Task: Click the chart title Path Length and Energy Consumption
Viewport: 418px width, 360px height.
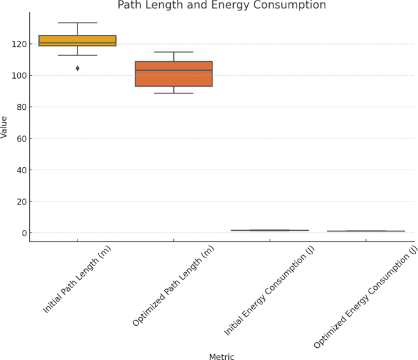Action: coord(247,5)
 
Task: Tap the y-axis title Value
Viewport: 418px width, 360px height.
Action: coord(5,127)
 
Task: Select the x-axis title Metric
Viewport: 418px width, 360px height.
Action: coord(222,357)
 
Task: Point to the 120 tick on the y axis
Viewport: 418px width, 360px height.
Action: coord(16,44)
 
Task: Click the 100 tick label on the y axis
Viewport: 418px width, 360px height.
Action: coord(16,76)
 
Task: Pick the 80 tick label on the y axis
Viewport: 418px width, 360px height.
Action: coord(19,107)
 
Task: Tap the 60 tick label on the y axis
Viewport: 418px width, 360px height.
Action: coord(19,139)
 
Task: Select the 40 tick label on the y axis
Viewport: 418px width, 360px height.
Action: coord(19,170)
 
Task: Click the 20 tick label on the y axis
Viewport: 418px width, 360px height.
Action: coord(19,202)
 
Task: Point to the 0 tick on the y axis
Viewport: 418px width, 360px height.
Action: coord(21,233)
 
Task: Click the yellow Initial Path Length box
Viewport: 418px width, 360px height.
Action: coord(77,40)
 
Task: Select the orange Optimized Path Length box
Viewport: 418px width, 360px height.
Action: coord(174,74)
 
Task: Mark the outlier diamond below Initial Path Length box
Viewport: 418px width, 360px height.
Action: coord(77,68)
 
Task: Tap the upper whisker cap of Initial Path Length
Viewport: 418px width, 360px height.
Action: coord(77,23)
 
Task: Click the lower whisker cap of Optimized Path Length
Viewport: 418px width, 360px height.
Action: coord(174,93)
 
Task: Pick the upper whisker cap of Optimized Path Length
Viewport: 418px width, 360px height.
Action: coord(174,52)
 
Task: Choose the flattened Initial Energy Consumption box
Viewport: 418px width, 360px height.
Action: coord(270,231)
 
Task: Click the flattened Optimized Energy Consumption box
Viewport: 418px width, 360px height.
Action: coord(366,231)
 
